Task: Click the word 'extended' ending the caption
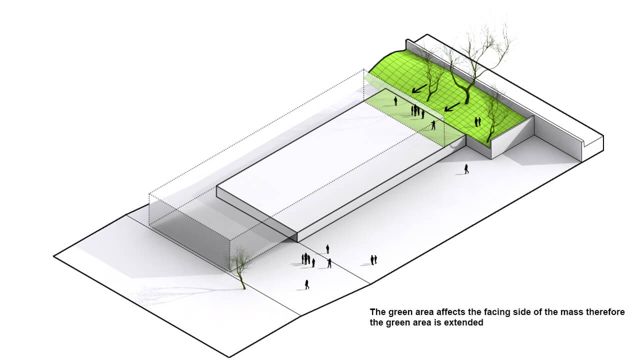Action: (465, 322)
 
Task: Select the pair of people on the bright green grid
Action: (477, 121)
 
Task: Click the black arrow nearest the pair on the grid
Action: (452, 107)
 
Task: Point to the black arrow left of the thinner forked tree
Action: (419, 88)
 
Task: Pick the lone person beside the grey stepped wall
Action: (466, 169)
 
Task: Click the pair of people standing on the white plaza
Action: (373, 260)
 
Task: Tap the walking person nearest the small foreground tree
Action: (307, 284)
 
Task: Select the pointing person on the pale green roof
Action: (433, 125)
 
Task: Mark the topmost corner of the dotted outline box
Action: (363, 69)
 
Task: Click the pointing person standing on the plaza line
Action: (329, 263)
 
